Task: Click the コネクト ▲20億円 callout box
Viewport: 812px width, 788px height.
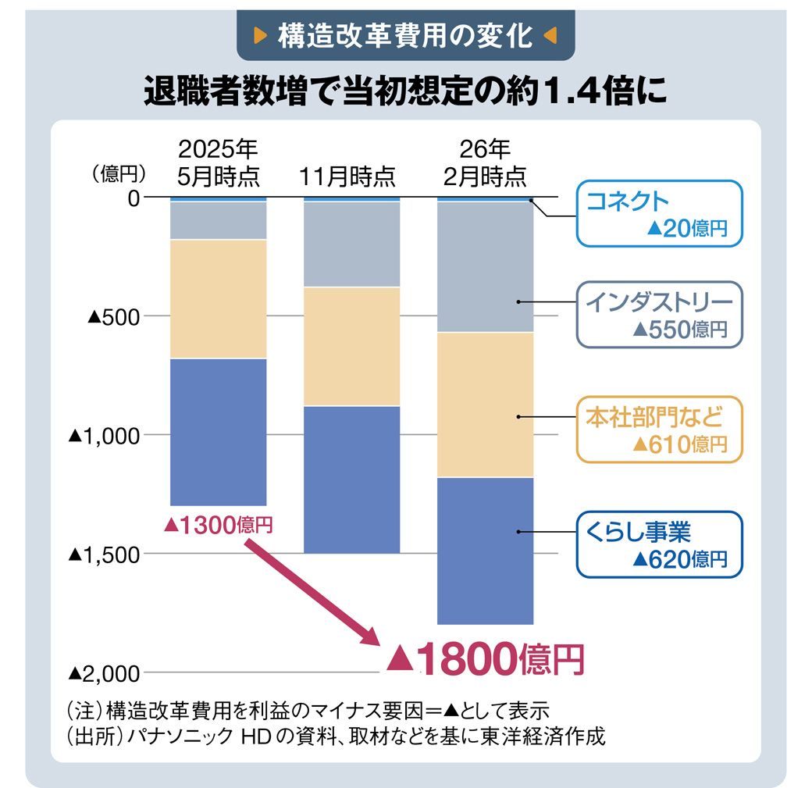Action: pyautogui.click(x=657, y=213)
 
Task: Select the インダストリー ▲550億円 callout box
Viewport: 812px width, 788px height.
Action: pyautogui.click(x=657, y=315)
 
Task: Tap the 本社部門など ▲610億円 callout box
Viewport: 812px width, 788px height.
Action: pyautogui.click(x=657, y=430)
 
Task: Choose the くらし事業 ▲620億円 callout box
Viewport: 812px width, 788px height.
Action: pyautogui.click(x=657, y=544)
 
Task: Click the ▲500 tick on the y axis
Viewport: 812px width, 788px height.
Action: pyautogui.click(x=114, y=317)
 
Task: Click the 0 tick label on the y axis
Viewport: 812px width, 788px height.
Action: pyautogui.click(x=134, y=198)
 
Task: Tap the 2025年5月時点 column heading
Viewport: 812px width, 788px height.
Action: pyautogui.click(x=218, y=162)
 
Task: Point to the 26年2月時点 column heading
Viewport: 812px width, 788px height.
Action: pyautogui.click(x=485, y=162)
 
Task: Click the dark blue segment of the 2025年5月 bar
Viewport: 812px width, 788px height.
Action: pyautogui.click(x=218, y=432)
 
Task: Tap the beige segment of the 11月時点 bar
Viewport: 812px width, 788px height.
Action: pyautogui.click(x=351, y=347)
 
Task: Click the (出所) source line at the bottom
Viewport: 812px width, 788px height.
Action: pyautogui.click(x=336, y=736)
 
